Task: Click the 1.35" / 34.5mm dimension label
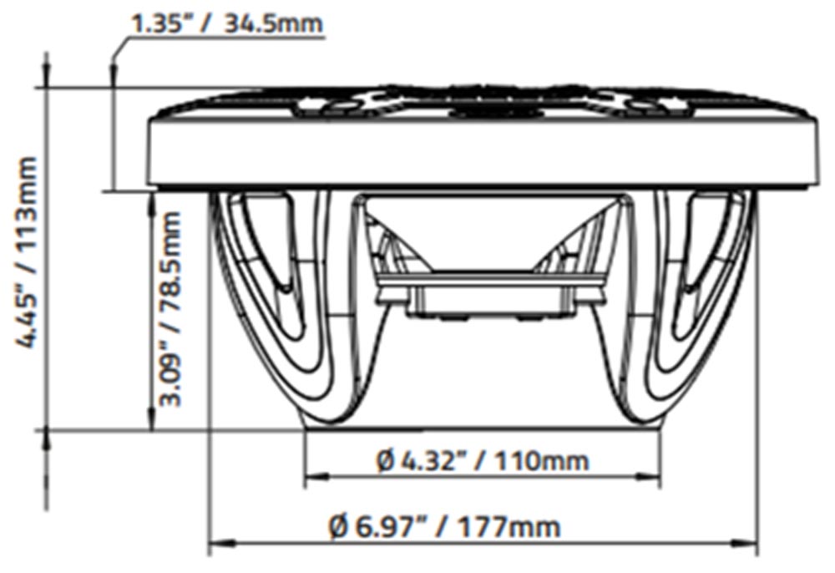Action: click(x=227, y=23)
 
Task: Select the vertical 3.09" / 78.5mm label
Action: click(x=170, y=308)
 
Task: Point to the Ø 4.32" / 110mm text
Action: click(x=483, y=460)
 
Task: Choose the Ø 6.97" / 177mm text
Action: click(x=445, y=526)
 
